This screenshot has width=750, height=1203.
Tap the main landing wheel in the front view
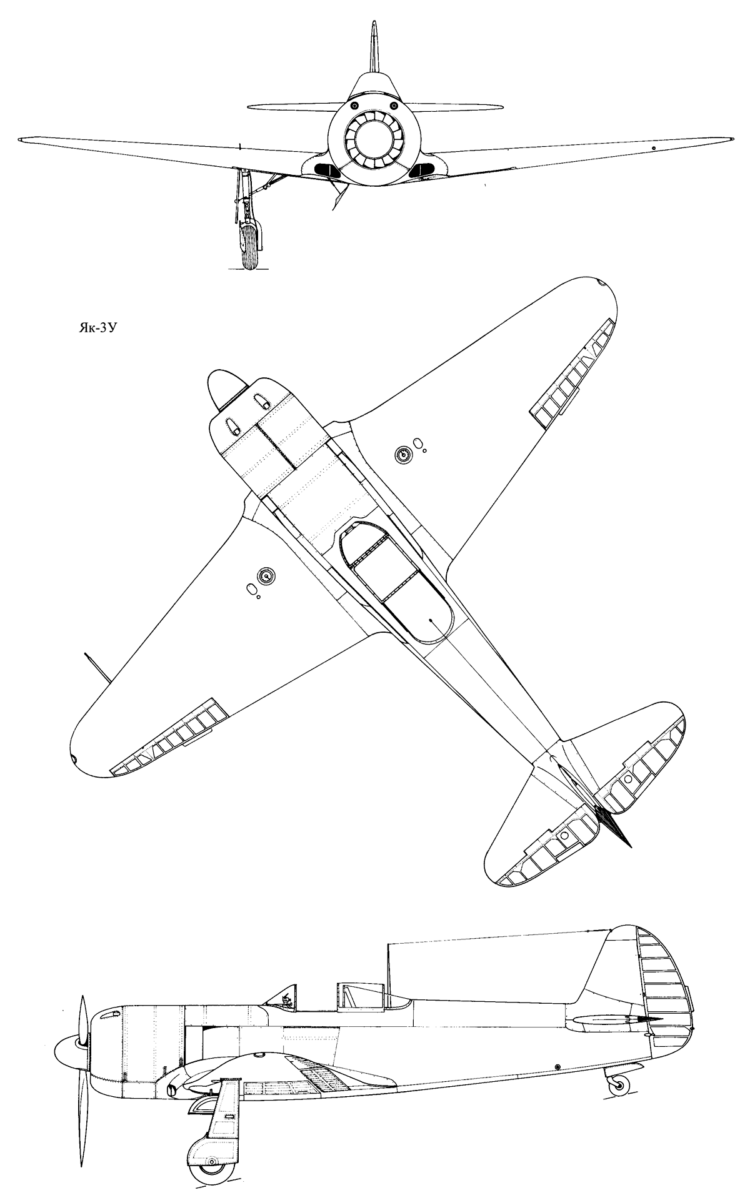tap(249, 247)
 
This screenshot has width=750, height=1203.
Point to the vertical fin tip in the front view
tap(374, 24)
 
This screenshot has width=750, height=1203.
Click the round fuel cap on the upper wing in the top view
tap(404, 455)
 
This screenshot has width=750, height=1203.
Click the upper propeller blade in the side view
tap(81, 1000)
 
